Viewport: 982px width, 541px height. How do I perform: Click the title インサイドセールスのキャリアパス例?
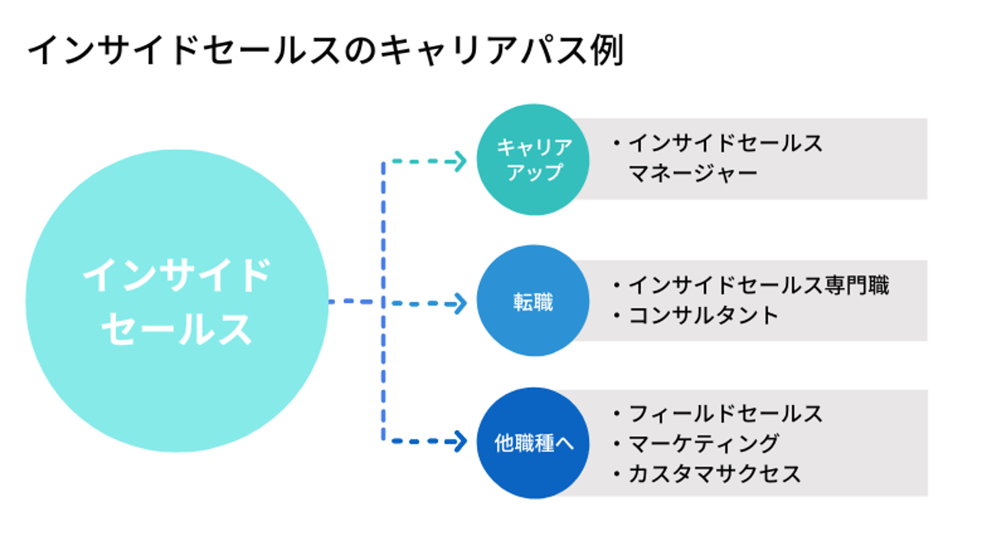(326, 51)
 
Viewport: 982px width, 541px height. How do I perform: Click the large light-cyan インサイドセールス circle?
(176, 301)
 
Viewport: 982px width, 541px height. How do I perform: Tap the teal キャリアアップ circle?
(533, 159)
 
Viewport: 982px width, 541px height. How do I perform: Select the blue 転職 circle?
(533, 301)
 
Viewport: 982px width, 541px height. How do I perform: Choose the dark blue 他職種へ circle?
(533, 443)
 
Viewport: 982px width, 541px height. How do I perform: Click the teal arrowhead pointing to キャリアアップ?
(460, 162)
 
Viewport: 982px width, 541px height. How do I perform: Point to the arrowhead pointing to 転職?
(460, 303)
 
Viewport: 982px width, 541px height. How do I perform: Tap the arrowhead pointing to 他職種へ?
(460, 441)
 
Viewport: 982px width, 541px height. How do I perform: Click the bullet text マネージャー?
(693, 173)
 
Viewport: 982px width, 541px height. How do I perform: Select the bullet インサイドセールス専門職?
(750, 285)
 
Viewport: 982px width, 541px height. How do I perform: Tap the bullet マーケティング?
(696, 444)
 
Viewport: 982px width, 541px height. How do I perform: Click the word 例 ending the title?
(607, 51)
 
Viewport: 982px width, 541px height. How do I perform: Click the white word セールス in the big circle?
(176, 329)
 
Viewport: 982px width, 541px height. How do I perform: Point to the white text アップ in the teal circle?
(535, 172)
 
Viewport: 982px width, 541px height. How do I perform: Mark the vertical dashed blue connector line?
(383, 301)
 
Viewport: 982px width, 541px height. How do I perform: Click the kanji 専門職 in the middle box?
(856, 285)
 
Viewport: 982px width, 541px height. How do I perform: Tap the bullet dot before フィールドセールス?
(617, 414)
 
